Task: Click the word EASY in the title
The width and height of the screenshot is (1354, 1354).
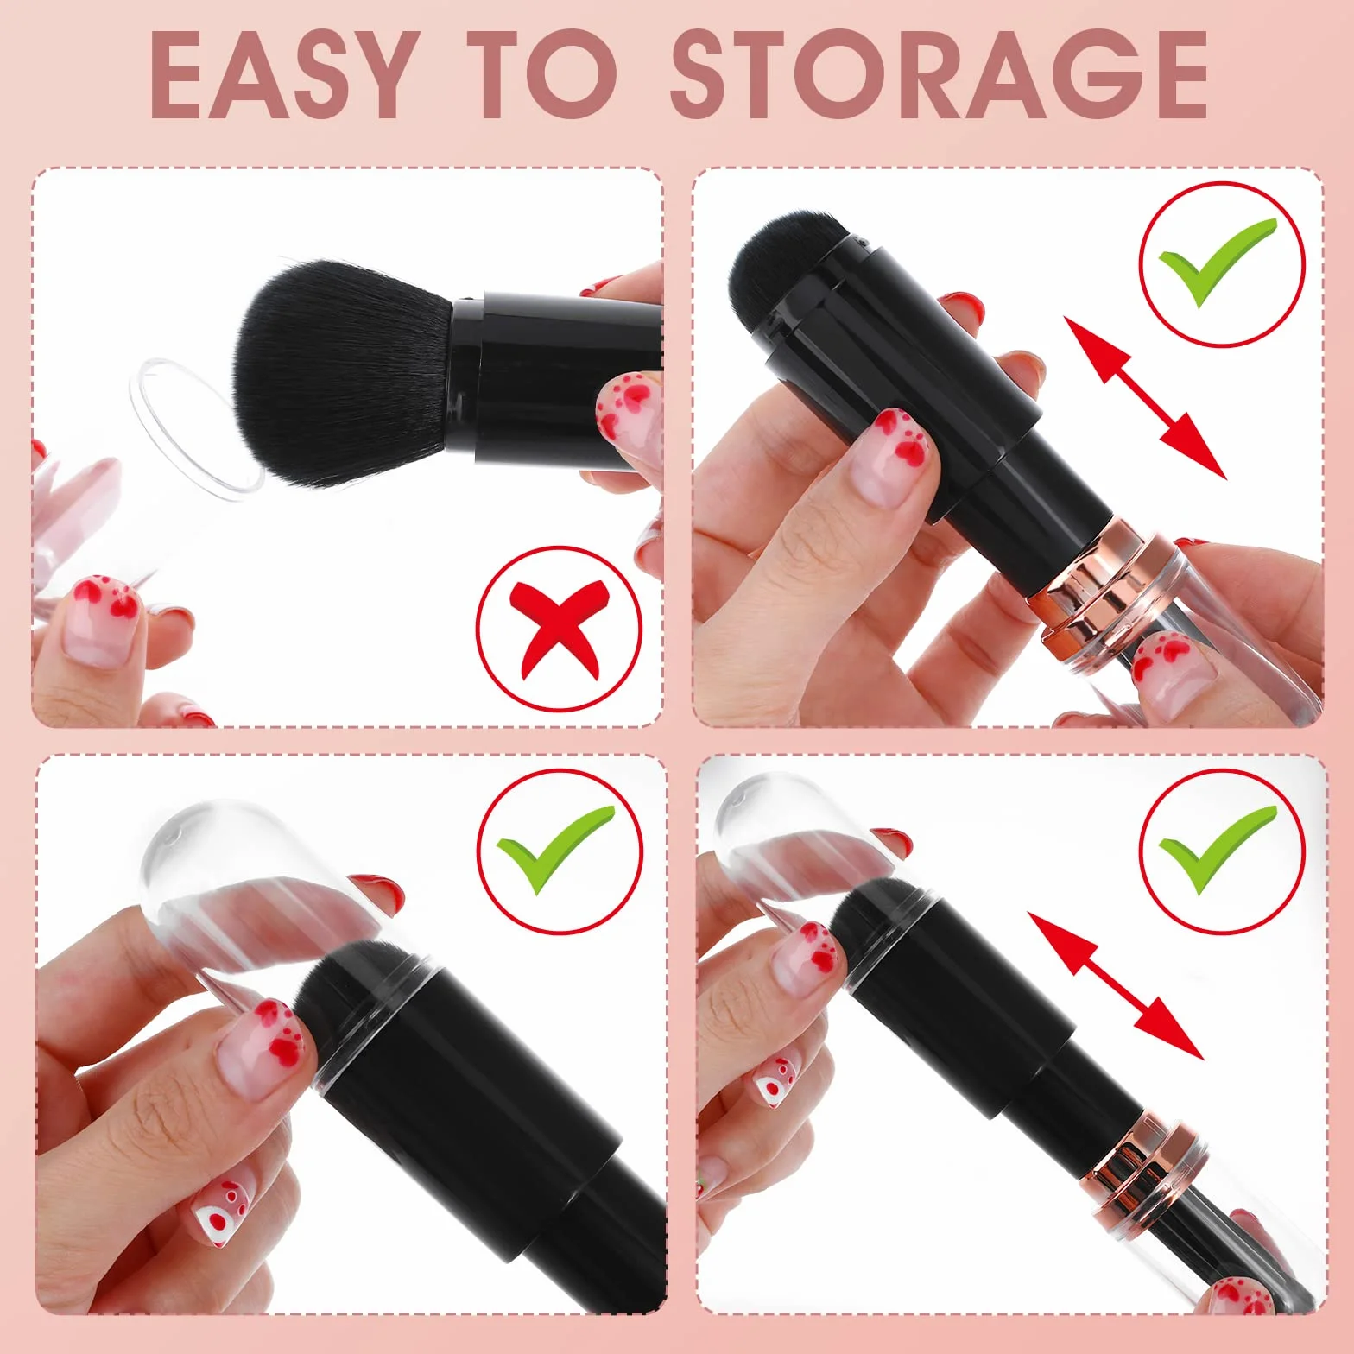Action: [x=281, y=75]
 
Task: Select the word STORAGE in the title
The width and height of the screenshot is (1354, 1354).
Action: [x=940, y=75]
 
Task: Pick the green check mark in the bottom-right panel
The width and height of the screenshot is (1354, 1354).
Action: [x=1218, y=850]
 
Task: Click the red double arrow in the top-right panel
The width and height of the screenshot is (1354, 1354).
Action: [x=1144, y=397]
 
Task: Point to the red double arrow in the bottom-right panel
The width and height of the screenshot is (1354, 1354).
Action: [x=1116, y=985]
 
